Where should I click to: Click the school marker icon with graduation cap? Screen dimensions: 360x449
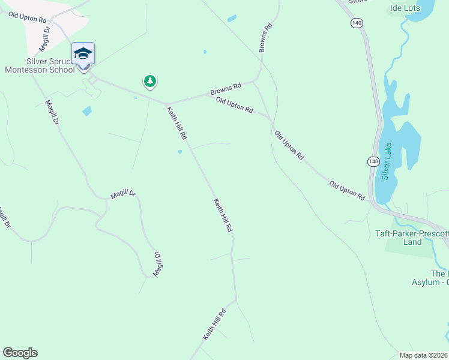coord(83,53)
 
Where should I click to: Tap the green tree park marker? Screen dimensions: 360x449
coord(149,81)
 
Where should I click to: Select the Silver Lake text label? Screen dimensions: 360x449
coord(386,161)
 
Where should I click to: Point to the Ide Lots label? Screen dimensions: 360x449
coord(405,8)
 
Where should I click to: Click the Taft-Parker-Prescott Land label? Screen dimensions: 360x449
coord(412,238)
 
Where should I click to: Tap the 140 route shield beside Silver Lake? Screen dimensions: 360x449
coord(373,161)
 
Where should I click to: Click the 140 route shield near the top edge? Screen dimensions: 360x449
coord(357,23)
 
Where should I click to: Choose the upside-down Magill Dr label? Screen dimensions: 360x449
coord(158,263)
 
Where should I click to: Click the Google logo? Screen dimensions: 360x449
coord(20,353)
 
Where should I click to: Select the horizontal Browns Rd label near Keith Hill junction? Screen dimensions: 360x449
coord(225,89)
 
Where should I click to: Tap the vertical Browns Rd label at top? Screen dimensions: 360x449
coord(265,38)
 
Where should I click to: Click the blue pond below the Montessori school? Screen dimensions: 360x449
coord(87,111)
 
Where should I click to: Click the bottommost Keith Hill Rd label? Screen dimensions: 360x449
coord(214,325)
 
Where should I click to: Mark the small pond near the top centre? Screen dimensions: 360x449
coord(232,19)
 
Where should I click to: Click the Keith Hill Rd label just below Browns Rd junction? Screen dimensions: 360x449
coord(177,123)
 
